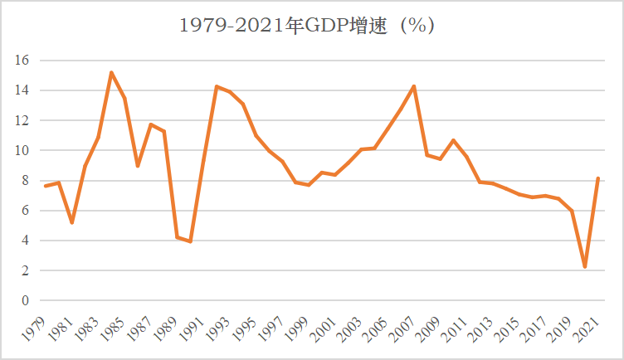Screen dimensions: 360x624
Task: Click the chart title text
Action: (308, 26)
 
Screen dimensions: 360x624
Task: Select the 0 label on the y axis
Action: (26, 301)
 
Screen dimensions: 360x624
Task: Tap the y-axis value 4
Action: (26, 241)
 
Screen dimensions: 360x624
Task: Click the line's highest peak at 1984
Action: (111, 72)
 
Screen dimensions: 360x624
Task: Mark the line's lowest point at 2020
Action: (585, 267)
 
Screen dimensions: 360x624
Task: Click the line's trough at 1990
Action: (190, 241)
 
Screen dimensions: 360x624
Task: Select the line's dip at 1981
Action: (72, 222)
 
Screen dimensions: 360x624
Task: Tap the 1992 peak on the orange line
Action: (217, 86)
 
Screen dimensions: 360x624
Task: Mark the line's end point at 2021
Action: (598, 178)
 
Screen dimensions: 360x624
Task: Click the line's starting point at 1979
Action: (46, 186)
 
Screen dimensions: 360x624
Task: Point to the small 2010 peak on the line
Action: (453, 140)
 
